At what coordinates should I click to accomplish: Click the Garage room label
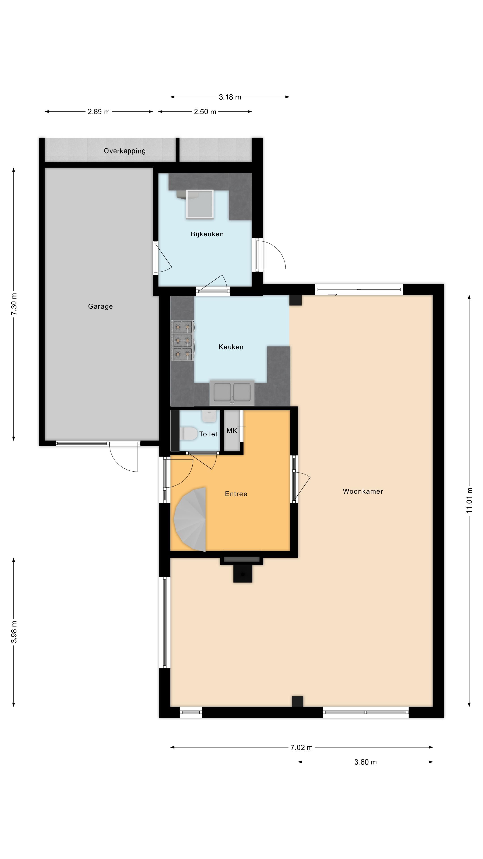(x=100, y=306)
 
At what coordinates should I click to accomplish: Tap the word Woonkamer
(x=363, y=491)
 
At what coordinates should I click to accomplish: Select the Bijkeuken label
(x=207, y=234)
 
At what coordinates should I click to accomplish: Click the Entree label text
(x=236, y=494)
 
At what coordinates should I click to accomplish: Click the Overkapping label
(x=125, y=151)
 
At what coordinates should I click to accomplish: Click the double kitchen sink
(x=232, y=393)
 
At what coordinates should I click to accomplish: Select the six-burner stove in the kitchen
(x=182, y=340)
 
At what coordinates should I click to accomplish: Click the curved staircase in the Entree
(x=190, y=519)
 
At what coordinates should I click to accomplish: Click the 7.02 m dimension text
(x=301, y=748)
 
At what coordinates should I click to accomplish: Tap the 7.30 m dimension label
(x=14, y=304)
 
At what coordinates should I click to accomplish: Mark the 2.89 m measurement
(x=98, y=112)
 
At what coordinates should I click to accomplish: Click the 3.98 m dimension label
(x=14, y=632)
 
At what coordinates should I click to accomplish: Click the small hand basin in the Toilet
(x=209, y=416)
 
